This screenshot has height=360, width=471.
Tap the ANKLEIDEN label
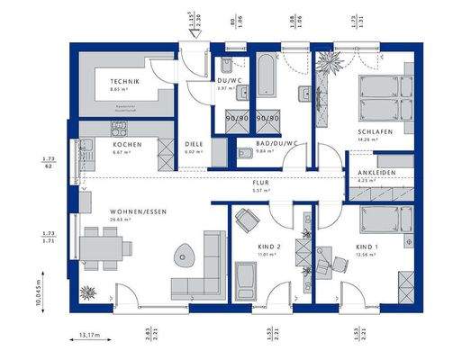375,174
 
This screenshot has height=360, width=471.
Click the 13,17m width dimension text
90,337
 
